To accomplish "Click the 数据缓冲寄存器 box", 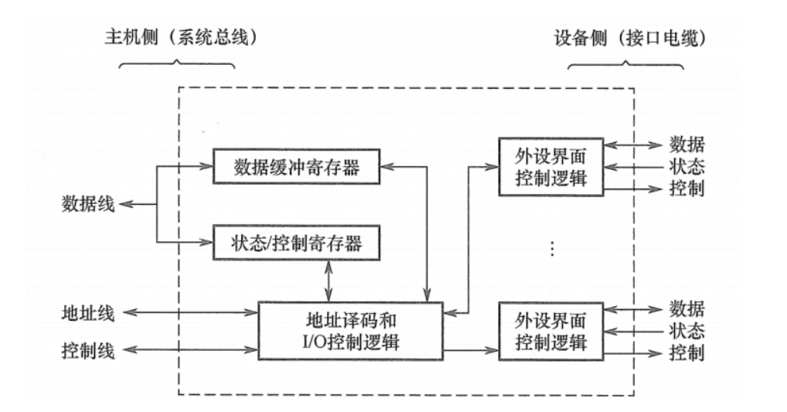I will [x=297, y=168].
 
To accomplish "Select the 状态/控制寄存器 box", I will [x=297, y=243].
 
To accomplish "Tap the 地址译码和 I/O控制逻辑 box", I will [x=350, y=330].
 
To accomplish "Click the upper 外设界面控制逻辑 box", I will [x=550, y=168].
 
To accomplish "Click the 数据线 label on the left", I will [x=88, y=206].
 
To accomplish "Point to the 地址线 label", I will [x=88, y=313].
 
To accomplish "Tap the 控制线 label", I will [x=88, y=352].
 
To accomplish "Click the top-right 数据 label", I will [x=686, y=145].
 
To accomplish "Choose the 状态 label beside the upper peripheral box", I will [x=686, y=166].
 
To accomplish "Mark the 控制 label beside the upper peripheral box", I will [x=686, y=189].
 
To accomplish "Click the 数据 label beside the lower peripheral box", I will [x=686, y=309].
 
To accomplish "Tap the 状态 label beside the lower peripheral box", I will [x=686, y=331].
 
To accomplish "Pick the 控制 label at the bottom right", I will [x=686, y=353].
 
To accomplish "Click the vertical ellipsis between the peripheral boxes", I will [x=550, y=249].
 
